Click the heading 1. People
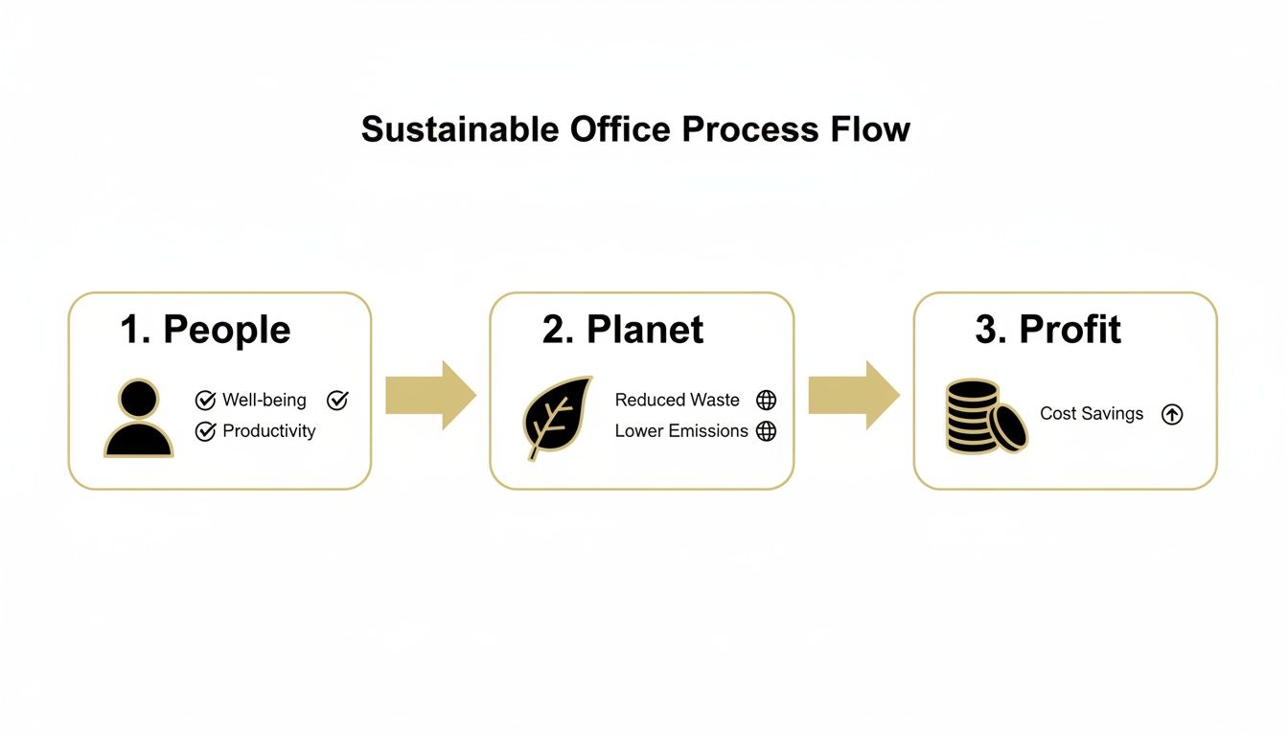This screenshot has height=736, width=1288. pos(205,330)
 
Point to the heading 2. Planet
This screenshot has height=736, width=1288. pos(623,330)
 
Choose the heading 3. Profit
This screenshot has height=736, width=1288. pos(1047,330)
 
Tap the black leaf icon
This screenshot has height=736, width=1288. pos(557,418)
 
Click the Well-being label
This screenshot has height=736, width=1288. pos(264,401)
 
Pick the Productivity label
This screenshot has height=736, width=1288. pos(268,431)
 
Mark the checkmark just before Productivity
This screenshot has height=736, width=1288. pos(205,432)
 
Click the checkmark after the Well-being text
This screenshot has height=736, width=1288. pos(337,401)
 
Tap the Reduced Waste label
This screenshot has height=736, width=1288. pos(677,401)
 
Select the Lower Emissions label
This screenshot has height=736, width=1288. pos(681,431)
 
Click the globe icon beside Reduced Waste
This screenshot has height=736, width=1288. pos(766,401)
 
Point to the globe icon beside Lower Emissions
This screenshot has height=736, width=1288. pos(766,431)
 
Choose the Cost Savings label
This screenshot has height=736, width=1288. pos(1092,414)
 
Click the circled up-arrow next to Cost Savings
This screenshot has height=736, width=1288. pos(1172,414)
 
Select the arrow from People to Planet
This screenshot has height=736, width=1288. pos(430,395)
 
